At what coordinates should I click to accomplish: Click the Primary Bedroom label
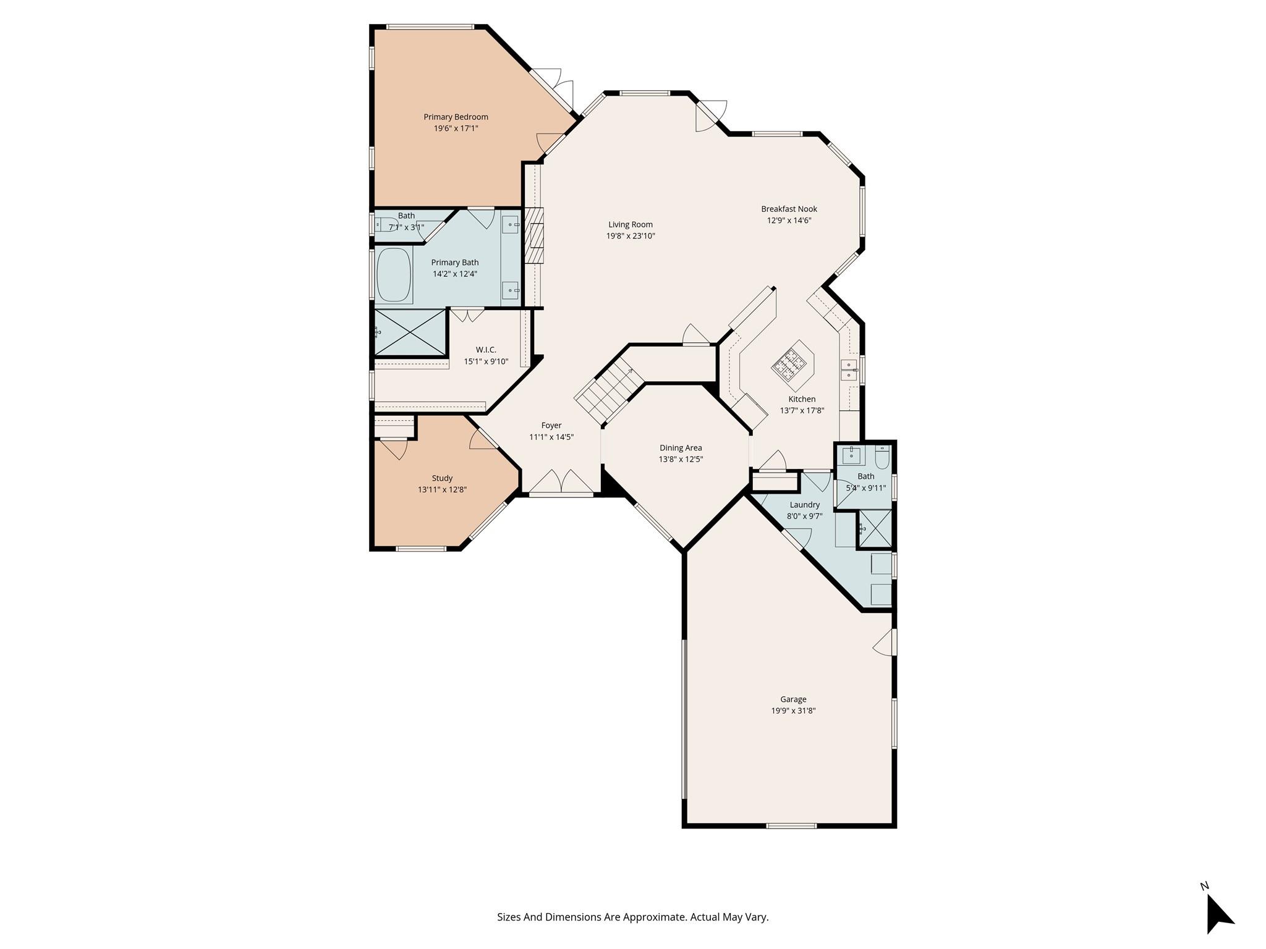pyautogui.click(x=456, y=117)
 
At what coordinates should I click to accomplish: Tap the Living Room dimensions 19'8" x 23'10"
pyautogui.click(x=630, y=236)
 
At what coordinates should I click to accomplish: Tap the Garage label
pyautogui.click(x=793, y=699)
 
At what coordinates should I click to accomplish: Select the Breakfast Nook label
pyautogui.click(x=789, y=209)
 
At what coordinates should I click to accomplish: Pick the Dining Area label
pyautogui.click(x=681, y=448)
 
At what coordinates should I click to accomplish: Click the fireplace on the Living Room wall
pyautogui.click(x=534, y=235)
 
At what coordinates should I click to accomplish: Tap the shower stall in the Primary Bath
pyautogui.click(x=410, y=332)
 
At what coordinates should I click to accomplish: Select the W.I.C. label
pyautogui.click(x=486, y=350)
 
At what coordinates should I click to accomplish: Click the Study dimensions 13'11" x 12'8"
pyautogui.click(x=442, y=489)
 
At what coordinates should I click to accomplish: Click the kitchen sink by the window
pyautogui.click(x=849, y=369)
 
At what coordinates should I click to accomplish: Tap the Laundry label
pyautogui.click(x=804, y=505)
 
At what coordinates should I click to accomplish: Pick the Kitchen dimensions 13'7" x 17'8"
pyautogui.click(x=802, y=410)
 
